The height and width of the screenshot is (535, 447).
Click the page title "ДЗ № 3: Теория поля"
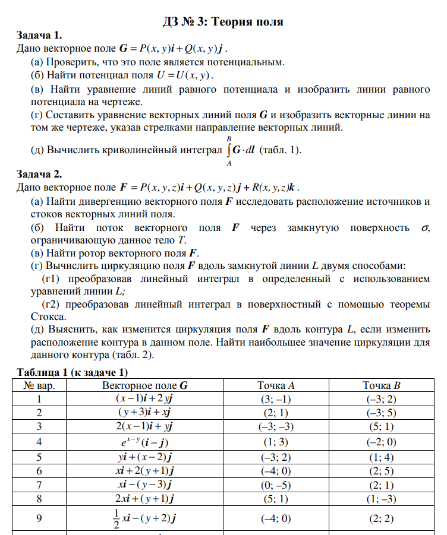click(223, 22)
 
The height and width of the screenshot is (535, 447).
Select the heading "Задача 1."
click(40, 36)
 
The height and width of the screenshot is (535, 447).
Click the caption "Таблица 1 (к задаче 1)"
click(73, 372)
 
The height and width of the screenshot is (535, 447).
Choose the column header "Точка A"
click(276, 385)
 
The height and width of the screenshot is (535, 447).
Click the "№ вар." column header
click(40, 385)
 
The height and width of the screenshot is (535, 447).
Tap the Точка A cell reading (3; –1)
click(276, 399)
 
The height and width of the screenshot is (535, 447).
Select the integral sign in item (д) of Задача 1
click(228, 150)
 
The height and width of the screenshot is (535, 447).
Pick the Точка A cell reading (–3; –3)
click(276, 426)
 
